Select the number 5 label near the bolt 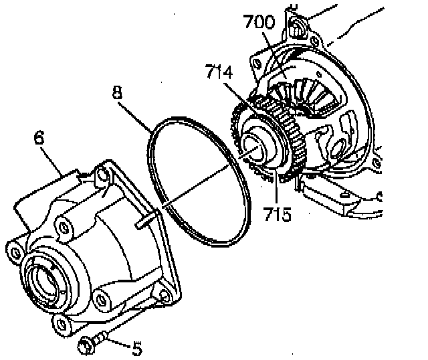136,348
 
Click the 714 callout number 222,71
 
